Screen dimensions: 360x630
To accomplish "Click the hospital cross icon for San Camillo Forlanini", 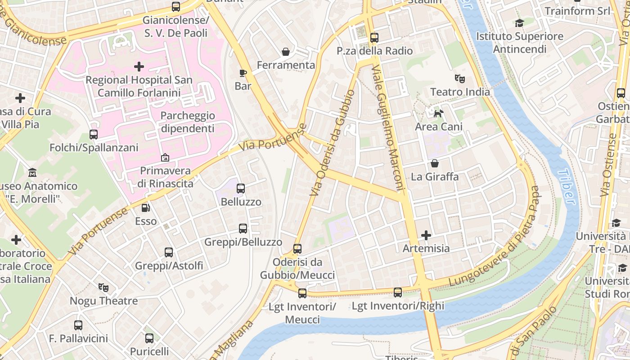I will (139, 67).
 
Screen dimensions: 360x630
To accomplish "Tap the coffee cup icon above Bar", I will (243, 73).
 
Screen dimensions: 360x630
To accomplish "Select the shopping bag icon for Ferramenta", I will (285, 52).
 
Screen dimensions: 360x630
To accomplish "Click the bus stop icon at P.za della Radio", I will (374, 38).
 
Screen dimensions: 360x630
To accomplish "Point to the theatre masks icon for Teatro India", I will (459, 79).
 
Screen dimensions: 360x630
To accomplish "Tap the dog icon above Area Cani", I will (438, 113).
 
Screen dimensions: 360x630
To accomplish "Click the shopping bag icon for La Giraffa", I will (434, 163).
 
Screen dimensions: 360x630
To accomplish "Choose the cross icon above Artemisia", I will (426, 235).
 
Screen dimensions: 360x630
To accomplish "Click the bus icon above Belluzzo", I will (241, 189).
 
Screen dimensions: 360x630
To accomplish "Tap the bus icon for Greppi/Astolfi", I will (169, 252).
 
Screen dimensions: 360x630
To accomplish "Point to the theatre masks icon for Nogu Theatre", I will (103, 287).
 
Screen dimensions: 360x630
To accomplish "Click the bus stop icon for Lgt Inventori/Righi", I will (398, 292).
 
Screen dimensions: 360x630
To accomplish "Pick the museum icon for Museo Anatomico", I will (32, 173).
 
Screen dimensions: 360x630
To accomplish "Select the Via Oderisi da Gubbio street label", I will (333, 143).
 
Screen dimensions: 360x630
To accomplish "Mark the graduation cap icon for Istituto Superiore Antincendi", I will (519, 23).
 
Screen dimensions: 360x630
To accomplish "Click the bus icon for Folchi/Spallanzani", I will (94, 134).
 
